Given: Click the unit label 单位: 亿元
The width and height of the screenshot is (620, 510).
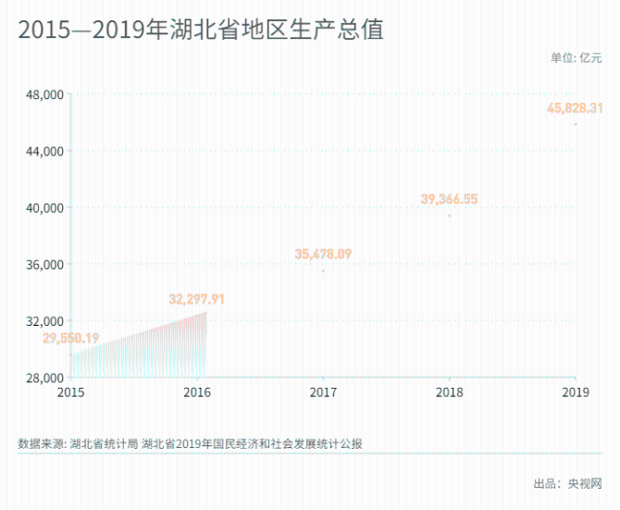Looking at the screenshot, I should tap(576, 57).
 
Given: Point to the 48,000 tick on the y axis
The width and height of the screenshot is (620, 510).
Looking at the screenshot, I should tap(43, 94).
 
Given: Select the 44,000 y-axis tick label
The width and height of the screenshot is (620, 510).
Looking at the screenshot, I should tap(43, 151).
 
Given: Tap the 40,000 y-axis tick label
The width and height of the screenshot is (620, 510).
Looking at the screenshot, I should tap(43, 207).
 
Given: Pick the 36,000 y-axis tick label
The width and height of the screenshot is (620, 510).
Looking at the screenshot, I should tap(43, 265).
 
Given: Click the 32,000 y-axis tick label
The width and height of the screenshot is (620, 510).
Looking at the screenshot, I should tap(43, 321).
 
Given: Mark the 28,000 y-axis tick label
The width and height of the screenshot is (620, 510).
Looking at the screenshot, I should tap(43, 378).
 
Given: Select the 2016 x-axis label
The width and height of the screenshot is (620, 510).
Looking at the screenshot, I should tap(197, 392).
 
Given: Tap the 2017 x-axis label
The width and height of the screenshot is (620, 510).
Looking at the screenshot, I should tap(323, 392).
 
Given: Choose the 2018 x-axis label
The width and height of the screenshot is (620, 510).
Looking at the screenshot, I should tap(450, 392).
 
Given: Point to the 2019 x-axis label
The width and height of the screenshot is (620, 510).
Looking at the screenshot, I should tap(576, 392).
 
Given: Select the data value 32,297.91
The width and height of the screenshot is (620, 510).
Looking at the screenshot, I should tap(196, 299).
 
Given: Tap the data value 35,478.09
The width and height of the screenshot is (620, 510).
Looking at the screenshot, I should tap(323, 254).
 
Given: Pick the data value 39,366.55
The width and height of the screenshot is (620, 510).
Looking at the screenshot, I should tap(449, 199).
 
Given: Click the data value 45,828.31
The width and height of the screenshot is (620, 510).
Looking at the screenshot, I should tap(575, 108).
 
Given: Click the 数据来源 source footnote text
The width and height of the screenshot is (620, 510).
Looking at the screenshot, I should tap(190, 443).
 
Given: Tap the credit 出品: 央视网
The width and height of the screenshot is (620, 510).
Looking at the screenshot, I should tap(567, 483).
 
